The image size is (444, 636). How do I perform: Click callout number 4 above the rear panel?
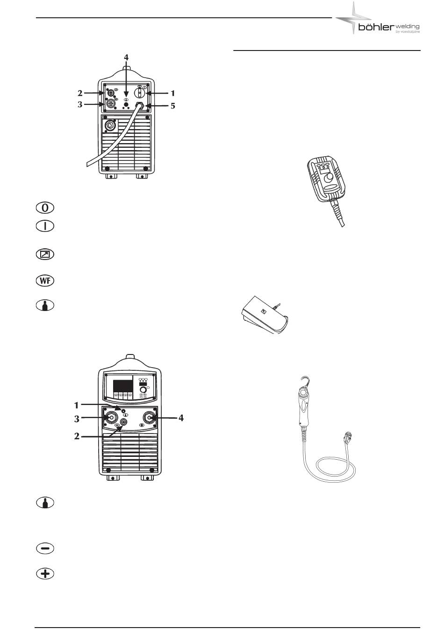[125, 58]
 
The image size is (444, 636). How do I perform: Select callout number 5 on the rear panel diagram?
[172, 106]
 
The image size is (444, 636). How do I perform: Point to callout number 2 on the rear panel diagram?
[80, 93]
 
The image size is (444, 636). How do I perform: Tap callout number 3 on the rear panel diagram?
[80, 104]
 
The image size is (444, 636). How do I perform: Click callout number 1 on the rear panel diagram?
[172, 94]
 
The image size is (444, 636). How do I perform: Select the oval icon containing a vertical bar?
[45, 226]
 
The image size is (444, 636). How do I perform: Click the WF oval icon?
[45, 281]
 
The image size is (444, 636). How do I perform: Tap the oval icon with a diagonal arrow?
[45, 255]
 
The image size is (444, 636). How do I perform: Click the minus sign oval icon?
[45, 549]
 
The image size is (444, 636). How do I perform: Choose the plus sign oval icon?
[45, 574]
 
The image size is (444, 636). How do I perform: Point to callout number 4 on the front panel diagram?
[181, 418]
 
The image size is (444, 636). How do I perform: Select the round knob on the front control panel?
[143, 389]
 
